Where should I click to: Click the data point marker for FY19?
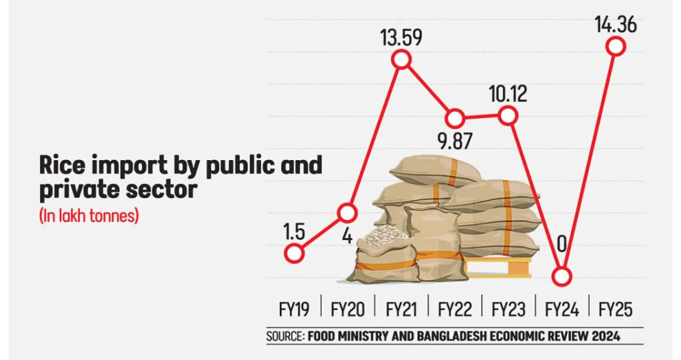(294, 253)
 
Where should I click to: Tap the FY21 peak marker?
(401, 60)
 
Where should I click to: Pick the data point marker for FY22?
(455, 117)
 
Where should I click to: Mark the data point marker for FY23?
(508, 116)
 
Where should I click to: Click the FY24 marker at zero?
(561, 276)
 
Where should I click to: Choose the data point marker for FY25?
(616, 47)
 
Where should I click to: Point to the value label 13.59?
(401, 35)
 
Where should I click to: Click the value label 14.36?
(616, 24)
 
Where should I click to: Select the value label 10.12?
(508, 92)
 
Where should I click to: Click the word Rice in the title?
(63, 167)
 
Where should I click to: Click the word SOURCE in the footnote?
(284, 336)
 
